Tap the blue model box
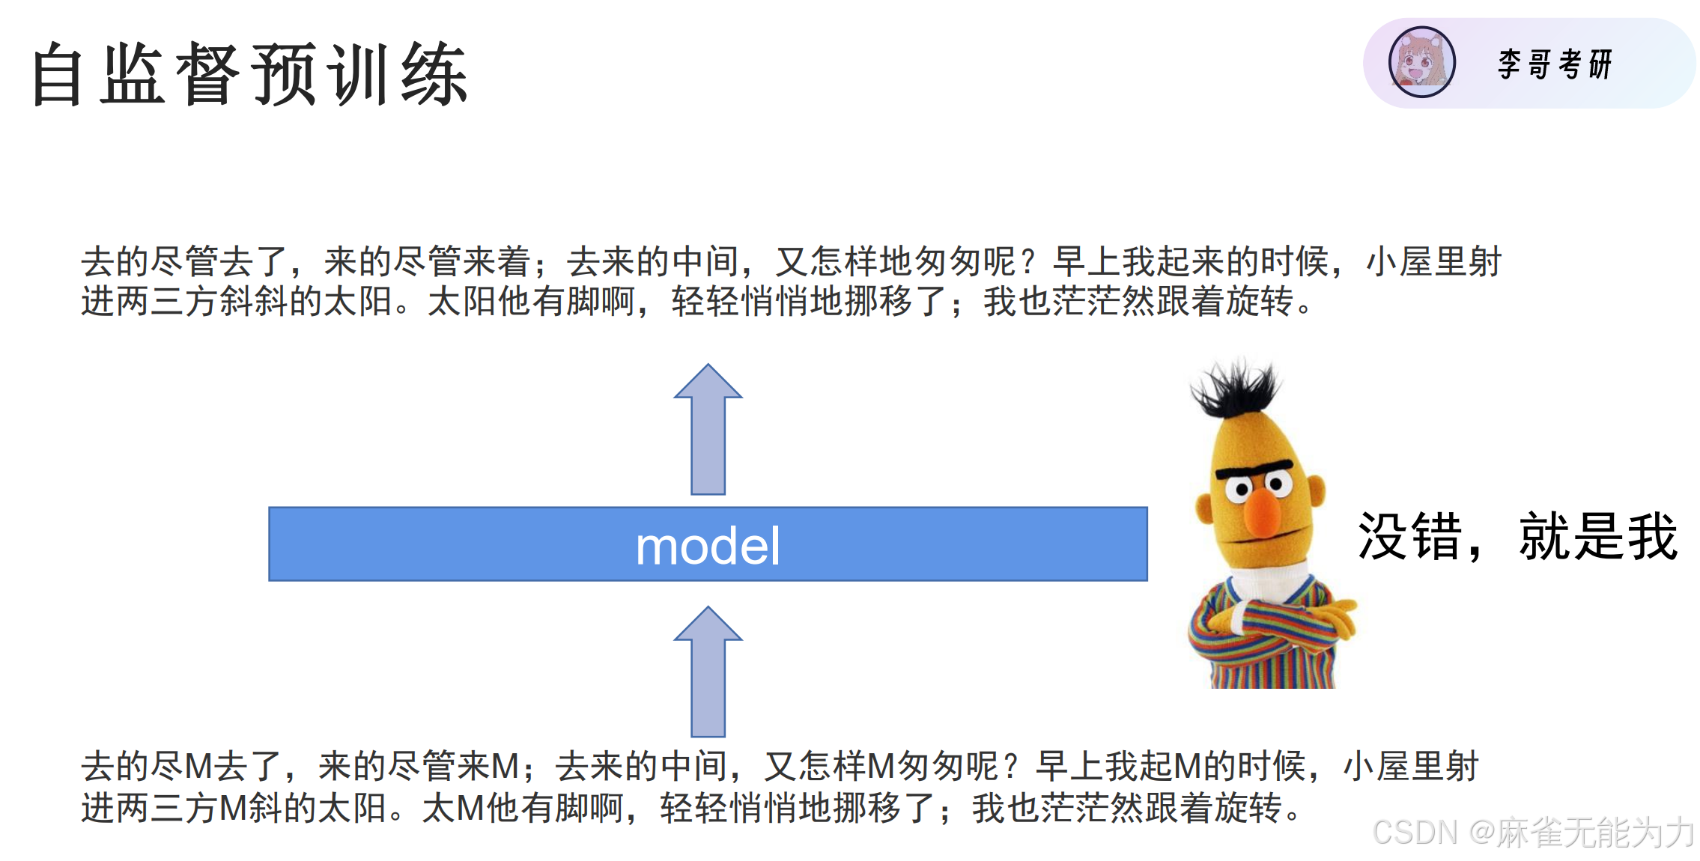(x=707, y=544)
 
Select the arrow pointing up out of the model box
(x=708, y=431)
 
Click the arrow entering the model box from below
(x=708, y=672)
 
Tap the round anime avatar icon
(x=1421, y=63)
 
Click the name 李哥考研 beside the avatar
(x=1555, y=64)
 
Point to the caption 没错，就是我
(x=1516, y=537)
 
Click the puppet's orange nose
(x=1263, y=511)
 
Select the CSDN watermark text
(x=1532, y=832)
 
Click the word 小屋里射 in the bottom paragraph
(x=1411, y=767)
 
